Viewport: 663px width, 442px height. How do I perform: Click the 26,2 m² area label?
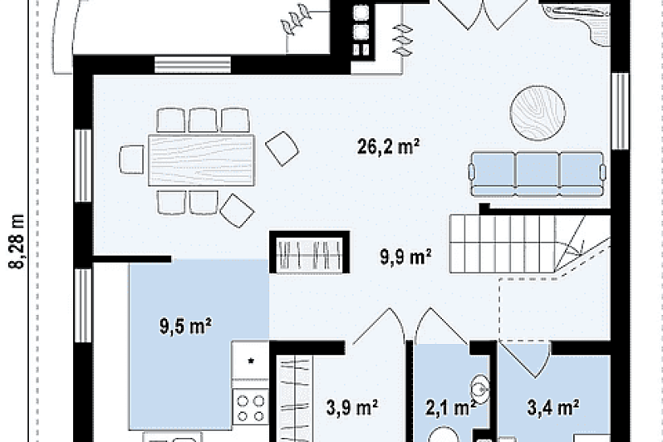coord(388,147)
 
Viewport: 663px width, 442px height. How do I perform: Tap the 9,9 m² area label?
coord(405,256)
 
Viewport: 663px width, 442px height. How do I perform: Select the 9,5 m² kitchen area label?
coord(185,326)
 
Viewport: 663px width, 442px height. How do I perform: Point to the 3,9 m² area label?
coord(352,407)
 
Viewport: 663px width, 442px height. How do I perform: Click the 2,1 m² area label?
coord(450,408)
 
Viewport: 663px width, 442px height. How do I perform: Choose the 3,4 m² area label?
coord(553,407)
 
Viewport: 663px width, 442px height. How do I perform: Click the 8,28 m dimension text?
coord(17,241)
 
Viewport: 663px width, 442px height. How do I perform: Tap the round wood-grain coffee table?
coord(538,113)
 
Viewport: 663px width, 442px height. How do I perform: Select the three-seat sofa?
coord(537,174)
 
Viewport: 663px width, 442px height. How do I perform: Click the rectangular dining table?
coord(201,160)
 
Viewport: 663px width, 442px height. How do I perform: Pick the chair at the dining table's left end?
coord(132,159)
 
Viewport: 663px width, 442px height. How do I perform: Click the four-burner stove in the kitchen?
coord(250,407)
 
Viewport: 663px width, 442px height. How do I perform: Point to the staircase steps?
coord(530,244)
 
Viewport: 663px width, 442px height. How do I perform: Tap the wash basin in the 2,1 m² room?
coord(481,388)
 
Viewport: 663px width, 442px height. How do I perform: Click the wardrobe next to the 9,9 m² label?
coord(309,252)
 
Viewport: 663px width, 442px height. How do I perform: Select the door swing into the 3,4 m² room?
coord(525,358)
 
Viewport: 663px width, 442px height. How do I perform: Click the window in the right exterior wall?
coord(620,111)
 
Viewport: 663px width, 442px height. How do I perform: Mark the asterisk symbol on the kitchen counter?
coord(251,361)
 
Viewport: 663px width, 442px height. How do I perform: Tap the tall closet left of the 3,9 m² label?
coord(295,399)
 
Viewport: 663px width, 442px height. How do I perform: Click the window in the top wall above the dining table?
coord(192,65)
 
